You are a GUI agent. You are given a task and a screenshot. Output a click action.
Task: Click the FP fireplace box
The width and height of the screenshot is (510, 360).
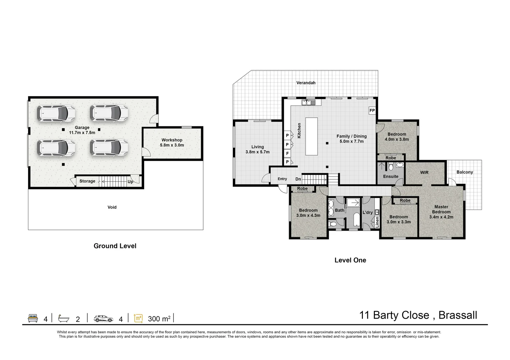pos(372,111)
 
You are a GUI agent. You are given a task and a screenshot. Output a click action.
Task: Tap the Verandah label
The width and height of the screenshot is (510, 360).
pos(306,83)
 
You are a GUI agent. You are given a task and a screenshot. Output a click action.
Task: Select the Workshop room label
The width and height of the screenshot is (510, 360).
pos(172,140)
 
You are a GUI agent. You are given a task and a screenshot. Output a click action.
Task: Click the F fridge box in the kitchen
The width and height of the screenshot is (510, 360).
pos(287,153)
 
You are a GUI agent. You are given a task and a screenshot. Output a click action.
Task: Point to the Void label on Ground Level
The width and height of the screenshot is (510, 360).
pos(112,207)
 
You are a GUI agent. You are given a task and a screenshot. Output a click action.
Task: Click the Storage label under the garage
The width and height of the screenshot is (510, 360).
pos(87,181)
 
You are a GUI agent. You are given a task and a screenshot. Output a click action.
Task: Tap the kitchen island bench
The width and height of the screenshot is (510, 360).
pos(311,136)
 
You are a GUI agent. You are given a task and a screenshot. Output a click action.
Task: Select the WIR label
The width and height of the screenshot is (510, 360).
pos(424,172)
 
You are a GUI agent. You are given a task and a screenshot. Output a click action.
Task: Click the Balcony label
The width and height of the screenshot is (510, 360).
pos(465,172)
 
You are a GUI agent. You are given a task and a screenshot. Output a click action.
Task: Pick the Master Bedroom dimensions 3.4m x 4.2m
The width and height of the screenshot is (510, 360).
pos(441,217)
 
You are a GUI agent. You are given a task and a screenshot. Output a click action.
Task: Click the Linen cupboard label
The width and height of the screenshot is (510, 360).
pos(377,222)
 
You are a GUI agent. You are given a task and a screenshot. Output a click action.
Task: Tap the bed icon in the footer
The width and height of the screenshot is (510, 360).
pos(33,318)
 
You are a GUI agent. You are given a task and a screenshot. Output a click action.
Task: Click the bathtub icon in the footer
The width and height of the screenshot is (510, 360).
pos(63,318)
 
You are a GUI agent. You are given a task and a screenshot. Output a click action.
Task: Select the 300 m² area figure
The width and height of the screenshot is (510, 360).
pos(159,319)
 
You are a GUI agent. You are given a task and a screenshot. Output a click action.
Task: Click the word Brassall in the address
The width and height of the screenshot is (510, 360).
pos(458,315)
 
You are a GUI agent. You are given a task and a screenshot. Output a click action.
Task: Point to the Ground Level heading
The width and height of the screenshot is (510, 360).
pos(115,246)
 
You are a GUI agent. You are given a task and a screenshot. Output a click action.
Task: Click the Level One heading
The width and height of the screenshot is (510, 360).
pos(350,260)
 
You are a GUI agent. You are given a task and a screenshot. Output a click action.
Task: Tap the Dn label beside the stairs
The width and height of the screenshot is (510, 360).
pos(298,179)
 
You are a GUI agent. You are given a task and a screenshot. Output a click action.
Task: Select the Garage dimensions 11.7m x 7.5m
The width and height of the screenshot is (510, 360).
pos(82,132)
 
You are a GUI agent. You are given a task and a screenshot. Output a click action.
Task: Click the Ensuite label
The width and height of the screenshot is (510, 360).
pos(391,176)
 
